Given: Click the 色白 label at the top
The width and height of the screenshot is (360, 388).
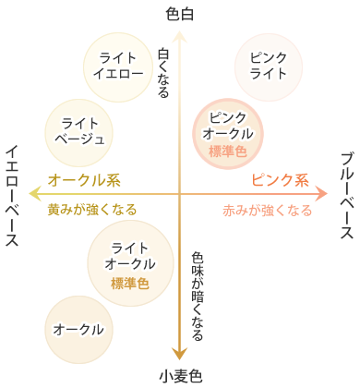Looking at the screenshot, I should click(181, 13).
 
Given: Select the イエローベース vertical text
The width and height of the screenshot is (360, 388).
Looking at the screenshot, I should click(14, 195).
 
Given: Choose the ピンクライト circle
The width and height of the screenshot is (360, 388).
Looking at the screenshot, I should click(268, 65).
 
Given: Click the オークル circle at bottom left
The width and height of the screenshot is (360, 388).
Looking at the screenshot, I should click(78, 329).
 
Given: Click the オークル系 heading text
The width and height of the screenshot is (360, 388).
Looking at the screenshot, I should click(84, 179).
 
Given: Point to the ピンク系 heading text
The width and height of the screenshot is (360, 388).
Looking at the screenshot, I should click(280, 179).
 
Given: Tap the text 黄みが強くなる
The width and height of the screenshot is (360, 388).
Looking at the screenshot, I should click(92, 210).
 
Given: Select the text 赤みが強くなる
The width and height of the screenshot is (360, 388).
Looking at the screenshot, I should click(268, 210).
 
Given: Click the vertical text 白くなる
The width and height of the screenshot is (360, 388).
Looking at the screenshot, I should click(164, 74).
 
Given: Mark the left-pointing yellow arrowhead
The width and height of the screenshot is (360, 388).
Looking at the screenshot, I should click(35, 193).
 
